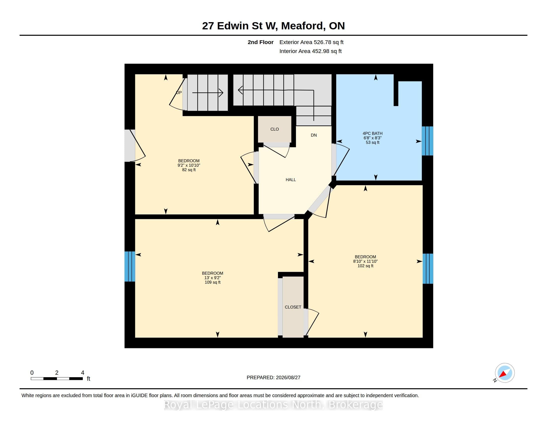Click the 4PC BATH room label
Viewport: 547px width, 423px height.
(372, 134)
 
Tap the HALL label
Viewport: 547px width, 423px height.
(291, 180)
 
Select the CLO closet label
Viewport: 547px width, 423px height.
(274, 129)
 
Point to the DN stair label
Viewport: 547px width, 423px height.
(314, 135)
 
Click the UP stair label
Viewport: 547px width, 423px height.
(179, 93)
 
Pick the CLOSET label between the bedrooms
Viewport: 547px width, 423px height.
(293, 307)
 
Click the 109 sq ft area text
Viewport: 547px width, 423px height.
(213, 282)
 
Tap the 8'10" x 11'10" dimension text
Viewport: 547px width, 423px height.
(365, 261)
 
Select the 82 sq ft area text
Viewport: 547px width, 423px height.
(189, 170)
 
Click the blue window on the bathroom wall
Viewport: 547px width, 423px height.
(428, 141)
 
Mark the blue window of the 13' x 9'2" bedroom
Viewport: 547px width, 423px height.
(130, 266)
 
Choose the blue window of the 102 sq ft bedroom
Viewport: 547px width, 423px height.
(428, 269)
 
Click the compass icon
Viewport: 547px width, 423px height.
(505, 373)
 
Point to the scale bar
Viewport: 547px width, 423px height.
(57, 379)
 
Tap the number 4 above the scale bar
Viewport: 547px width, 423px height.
(83, 373)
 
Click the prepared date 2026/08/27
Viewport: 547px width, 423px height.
(288, 378)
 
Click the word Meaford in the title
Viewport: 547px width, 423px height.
(303, 26)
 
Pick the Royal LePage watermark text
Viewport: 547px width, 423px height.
(273, 405)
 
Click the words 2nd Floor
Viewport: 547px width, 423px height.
(261, 42)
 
